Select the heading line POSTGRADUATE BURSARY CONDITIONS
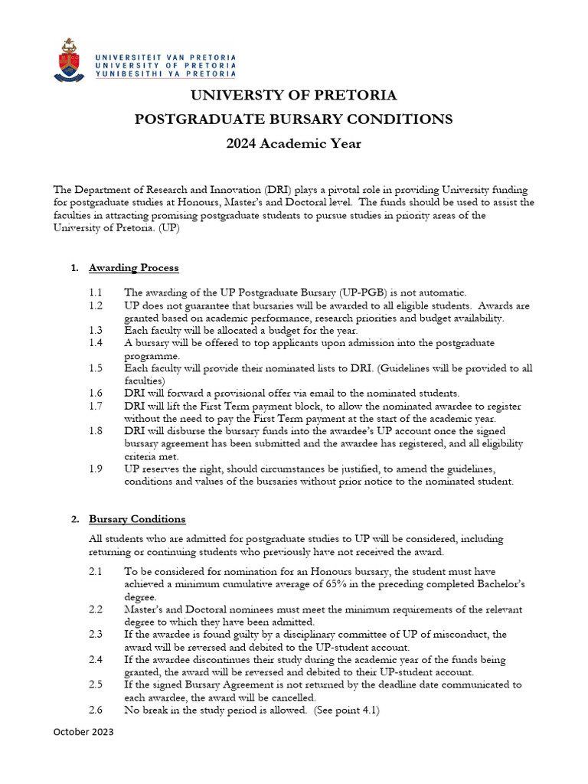tap(293, 119)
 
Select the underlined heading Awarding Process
tap(134, 268)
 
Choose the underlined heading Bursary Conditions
tap(137, 519)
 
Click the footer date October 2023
tap(83, 733)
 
